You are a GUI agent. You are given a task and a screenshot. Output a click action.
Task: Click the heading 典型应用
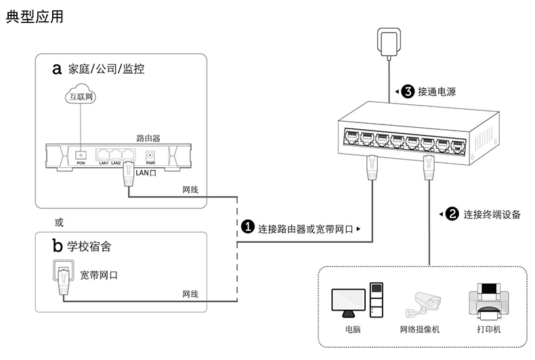[35, 17]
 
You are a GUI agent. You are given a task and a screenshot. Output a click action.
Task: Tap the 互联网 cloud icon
[81, 97]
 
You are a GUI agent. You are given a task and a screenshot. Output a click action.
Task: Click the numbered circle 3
[408, 91]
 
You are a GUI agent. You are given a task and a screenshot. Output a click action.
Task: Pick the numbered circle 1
[248, 229]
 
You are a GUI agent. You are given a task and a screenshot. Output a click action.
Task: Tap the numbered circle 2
[452, 215]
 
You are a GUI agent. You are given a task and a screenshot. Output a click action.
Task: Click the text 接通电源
[437, 91]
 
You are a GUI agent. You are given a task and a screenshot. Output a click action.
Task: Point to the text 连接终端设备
[492, 215]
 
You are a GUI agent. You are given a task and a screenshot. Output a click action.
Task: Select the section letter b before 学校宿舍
[57, 245]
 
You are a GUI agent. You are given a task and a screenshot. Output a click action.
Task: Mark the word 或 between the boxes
[58, 221]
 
